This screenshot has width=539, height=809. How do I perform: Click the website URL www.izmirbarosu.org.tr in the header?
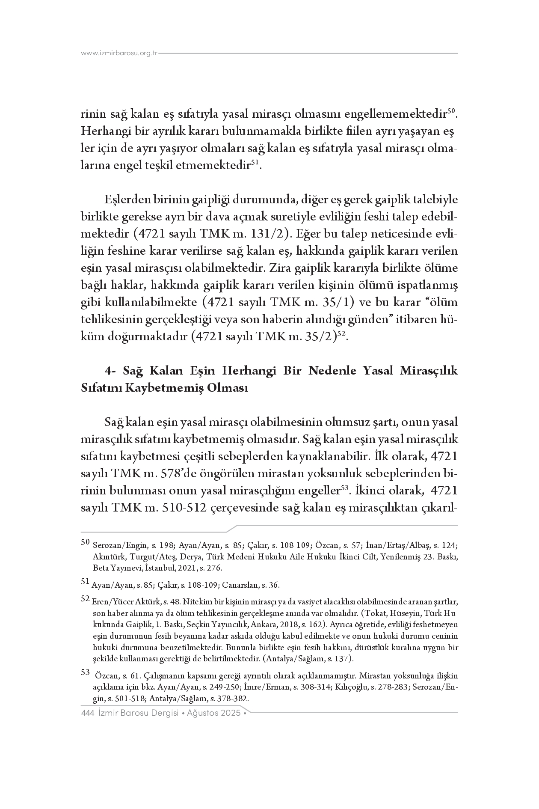point(119,53)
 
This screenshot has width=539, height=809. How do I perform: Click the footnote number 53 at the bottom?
point(85,672)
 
